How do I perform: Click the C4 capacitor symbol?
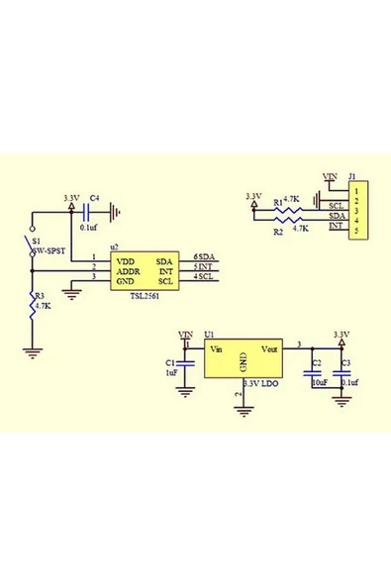tap(96, 210)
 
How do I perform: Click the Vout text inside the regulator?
tap(270, 348)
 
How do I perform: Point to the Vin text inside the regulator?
tap(216, 348)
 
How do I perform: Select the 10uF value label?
tap(319, 381)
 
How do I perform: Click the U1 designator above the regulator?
tap(209, 335)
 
